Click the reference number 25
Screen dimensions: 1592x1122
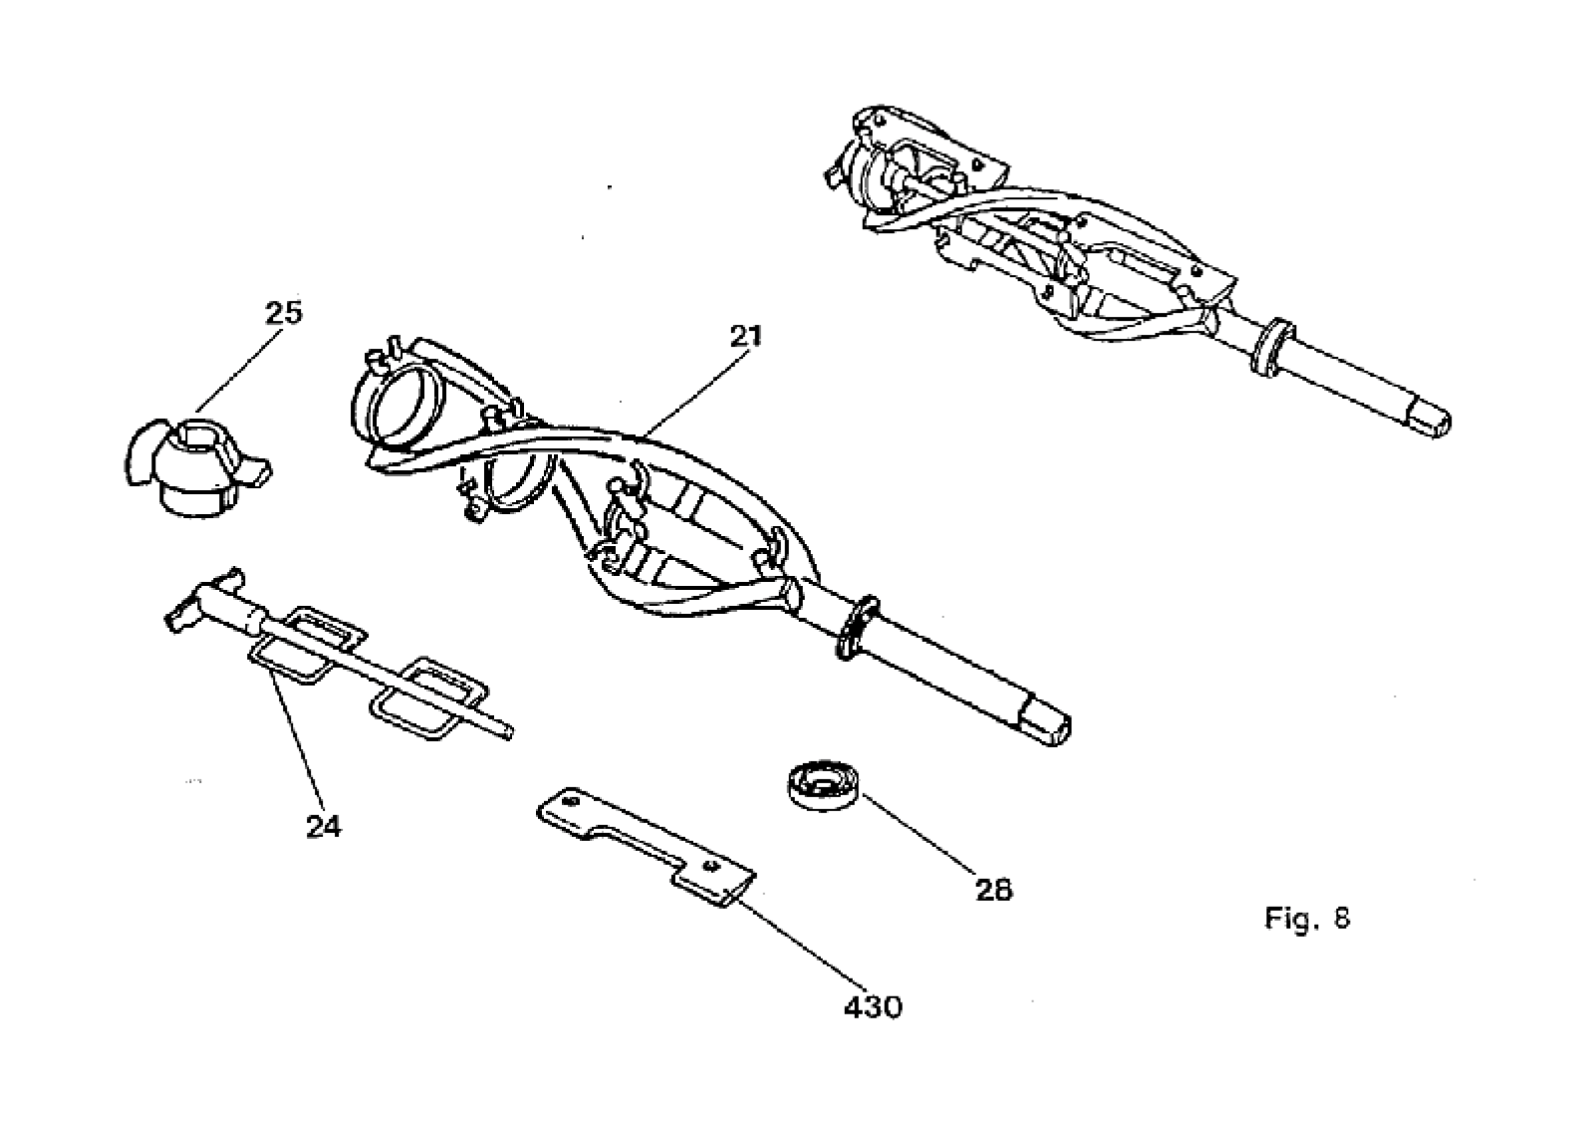(x=284, y=312)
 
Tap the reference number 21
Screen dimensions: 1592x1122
(x=745, y=337)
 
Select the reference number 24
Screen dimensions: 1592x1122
(x=324, y=826)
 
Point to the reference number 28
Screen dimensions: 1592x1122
(x=993, y=890)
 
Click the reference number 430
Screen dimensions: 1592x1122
(x=874, y=1007)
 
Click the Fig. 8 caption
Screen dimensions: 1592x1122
(x=1307, y=918)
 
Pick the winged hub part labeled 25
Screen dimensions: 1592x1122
(x=197, y=466)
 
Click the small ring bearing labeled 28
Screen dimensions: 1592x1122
(x=824, y=785)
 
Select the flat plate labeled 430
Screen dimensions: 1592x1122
(x=646, y=847)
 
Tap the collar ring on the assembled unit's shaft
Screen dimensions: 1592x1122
(x=1272, y=346)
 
